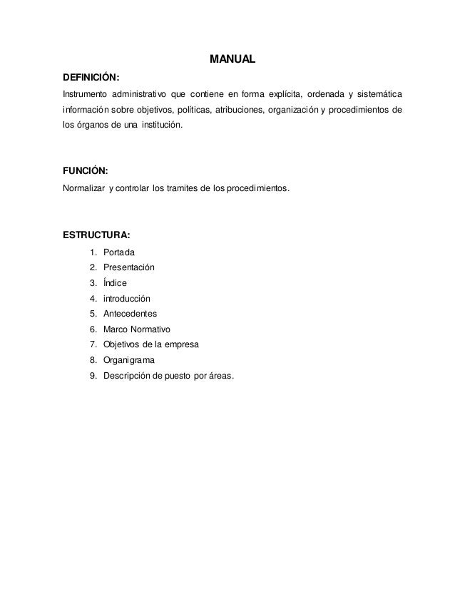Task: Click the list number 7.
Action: (93, 344)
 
